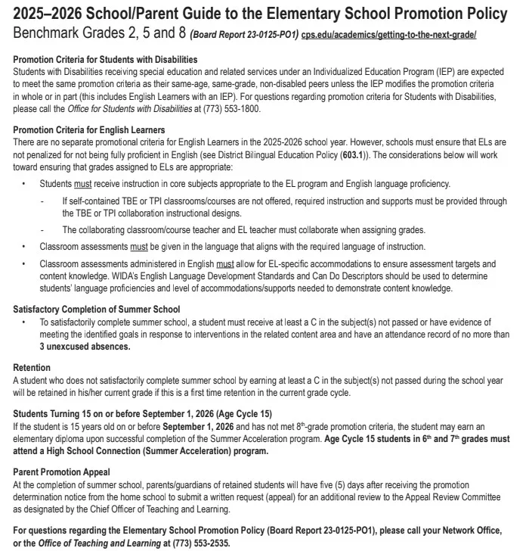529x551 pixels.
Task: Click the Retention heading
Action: coord(32,368)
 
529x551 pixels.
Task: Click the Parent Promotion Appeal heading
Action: coord(61,472)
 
